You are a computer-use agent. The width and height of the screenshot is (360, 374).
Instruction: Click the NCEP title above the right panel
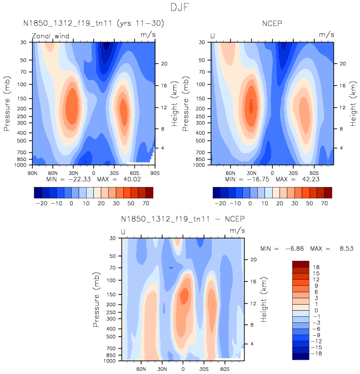tap(272, 23)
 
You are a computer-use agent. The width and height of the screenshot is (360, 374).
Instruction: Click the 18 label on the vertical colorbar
tap(317, 266)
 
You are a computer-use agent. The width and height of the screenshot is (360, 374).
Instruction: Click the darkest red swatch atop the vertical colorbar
tap(300, 264)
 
